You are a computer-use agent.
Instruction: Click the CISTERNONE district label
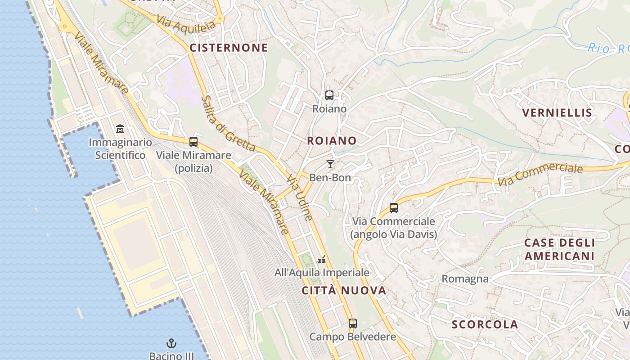click(229, 48)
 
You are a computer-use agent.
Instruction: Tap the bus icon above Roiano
click(329, 95)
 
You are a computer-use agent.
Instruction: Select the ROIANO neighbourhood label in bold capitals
click(332, 140)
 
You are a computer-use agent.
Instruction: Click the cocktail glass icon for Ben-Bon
click(330, 164)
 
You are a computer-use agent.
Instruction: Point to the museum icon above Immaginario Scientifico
click(120, 130)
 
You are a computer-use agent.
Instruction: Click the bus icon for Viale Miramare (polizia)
click(193, 142)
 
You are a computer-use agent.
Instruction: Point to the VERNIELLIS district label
click(557, 112)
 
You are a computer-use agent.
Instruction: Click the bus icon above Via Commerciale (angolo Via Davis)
click(394, 208)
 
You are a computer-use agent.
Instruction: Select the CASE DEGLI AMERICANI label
click(560, 249)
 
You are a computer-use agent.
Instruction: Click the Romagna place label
click(465, 279)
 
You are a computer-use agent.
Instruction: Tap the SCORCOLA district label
click(485, 324)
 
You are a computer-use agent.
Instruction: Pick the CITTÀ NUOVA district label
click(344, 290)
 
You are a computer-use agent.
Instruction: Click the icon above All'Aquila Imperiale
click(322, 260)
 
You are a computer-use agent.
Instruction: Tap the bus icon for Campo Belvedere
click(353, 323)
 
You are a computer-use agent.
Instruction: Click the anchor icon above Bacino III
click(171, 344)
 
